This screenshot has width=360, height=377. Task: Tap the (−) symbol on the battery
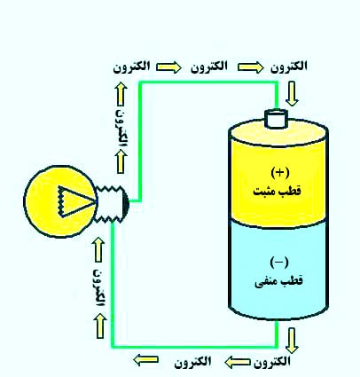point(278,262)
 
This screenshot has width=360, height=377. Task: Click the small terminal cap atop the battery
point(278,118)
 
